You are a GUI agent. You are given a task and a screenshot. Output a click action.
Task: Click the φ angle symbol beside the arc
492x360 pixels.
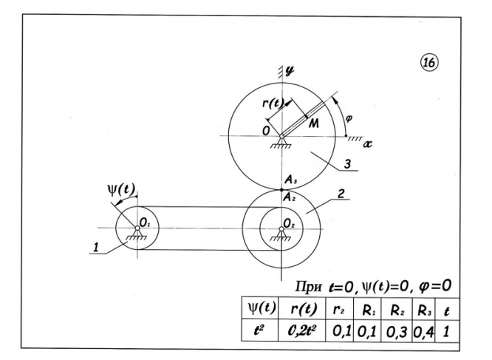[x=353, y=117]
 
